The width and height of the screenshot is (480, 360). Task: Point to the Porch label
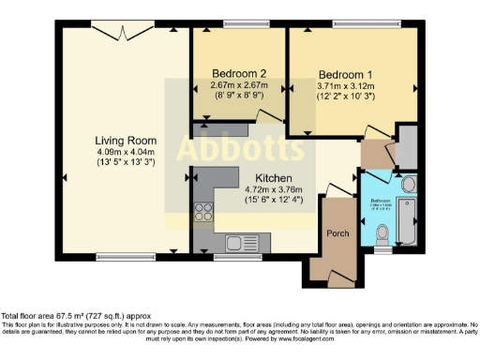(x=337, y=232)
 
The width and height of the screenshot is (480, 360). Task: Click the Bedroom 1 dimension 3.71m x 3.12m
(x=345, y=86)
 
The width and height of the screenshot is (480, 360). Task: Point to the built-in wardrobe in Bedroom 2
(x=223, y=126)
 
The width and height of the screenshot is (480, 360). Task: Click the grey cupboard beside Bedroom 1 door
(x=407, y=145)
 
